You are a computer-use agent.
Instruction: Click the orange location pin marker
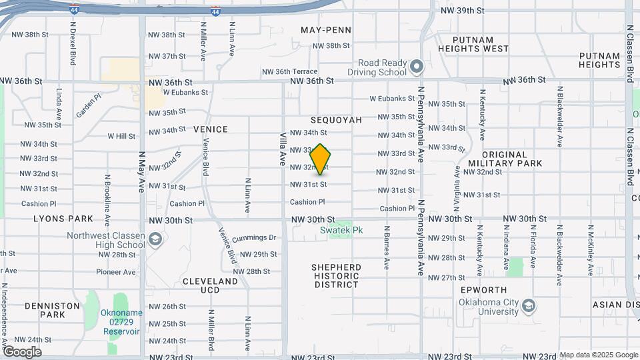(x=321, y=159)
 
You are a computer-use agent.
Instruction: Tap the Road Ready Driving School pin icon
(x=417, y=67)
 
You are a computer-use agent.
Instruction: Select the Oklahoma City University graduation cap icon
(x=529, y=305)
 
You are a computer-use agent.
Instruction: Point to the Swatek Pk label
(x=341, y=230)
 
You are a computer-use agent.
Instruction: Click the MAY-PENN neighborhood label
(x=325, y=30)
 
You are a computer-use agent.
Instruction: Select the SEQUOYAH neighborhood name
(x=336, y=120)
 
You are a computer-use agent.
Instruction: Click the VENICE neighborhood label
(x=211, y=129)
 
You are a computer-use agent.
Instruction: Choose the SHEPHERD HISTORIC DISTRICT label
(x=337, y=276)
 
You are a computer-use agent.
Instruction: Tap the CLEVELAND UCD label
(x=210, y=286)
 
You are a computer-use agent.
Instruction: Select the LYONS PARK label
(x=64, y=219)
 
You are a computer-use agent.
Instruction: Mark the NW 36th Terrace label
(x=289, y=71)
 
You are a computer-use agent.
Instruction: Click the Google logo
(x=22, y=351)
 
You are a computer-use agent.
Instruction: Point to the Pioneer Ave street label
(x=115, y=272)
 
